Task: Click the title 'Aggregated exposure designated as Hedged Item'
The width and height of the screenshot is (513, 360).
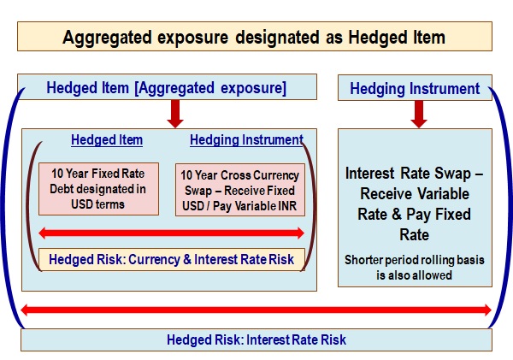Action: point(254,37)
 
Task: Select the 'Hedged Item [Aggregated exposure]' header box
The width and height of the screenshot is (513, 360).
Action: point(167,86)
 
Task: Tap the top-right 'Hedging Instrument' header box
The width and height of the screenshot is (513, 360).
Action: point(415,88)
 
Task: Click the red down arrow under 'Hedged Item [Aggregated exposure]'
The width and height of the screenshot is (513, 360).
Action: point(175,114)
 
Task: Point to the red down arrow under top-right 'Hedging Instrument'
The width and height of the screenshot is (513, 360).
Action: point(419,114)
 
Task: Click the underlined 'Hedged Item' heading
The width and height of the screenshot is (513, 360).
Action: point(107,140)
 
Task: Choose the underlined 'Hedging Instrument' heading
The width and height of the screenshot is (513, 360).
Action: point(247,140)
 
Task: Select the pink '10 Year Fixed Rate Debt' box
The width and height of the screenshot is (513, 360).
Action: point(98,189)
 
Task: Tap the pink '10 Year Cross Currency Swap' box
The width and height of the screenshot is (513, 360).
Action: point(240,190)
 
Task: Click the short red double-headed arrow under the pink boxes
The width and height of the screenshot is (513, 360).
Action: point(172,233)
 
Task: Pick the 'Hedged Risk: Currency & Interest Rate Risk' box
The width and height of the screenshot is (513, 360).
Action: point(172,260)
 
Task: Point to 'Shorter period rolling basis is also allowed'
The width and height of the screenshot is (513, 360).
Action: point(414,268)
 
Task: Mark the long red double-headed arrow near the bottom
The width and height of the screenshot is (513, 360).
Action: point(256,310)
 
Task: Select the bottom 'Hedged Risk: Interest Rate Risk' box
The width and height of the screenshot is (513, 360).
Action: point(256,339)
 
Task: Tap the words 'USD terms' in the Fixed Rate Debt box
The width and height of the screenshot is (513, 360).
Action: point(97,204)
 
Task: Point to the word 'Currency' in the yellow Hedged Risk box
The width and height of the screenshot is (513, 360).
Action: point(154,260)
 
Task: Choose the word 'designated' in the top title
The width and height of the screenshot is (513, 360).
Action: point(277,37)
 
